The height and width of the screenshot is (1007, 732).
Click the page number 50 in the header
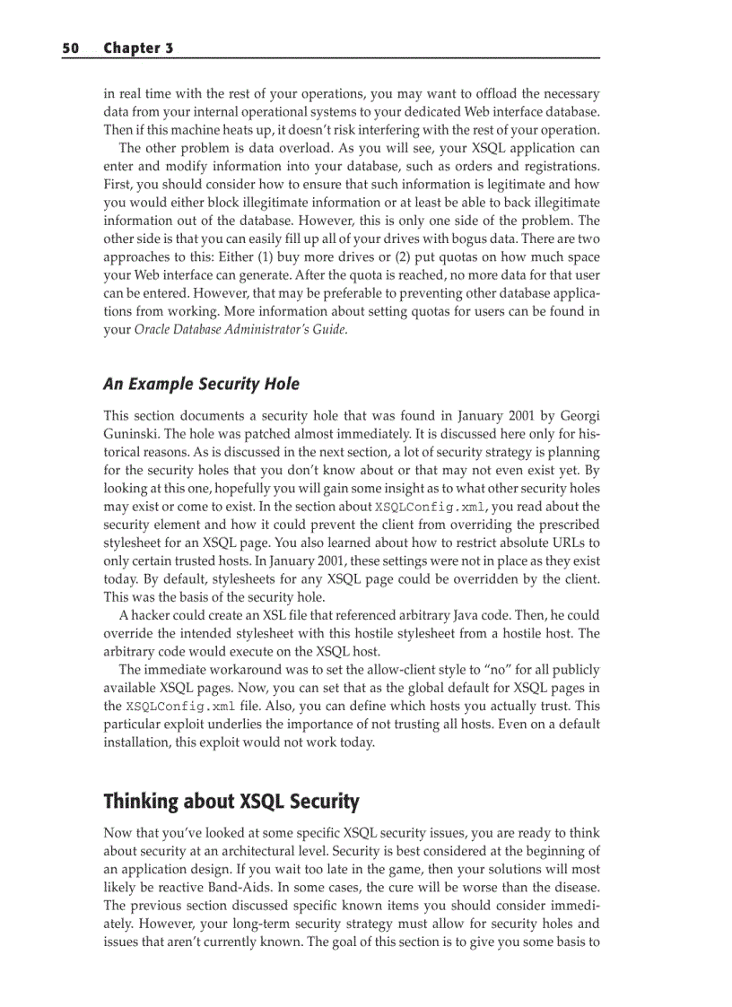[70, 48]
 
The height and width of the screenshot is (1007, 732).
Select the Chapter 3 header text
[138, 48]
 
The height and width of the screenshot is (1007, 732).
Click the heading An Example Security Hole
[201, 384]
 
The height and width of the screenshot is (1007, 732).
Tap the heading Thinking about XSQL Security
[231, 801]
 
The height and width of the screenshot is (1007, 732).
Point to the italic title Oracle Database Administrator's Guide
[240, 328]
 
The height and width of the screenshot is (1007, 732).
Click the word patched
[266, 434]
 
